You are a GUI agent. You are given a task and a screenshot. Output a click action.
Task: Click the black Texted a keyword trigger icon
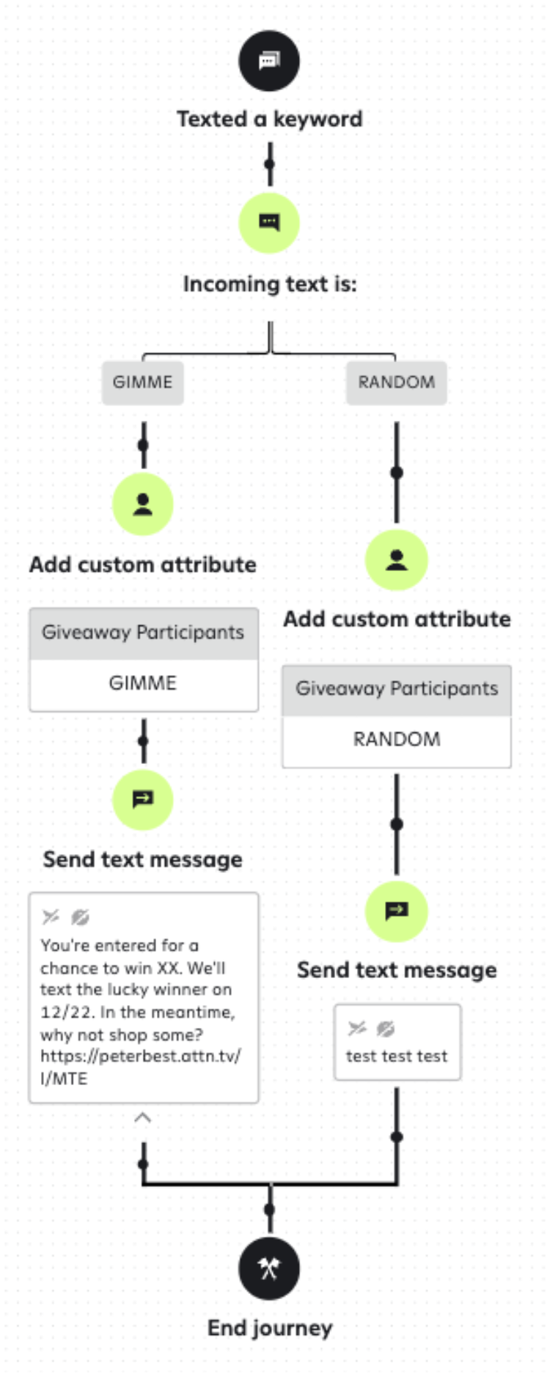[269, 61]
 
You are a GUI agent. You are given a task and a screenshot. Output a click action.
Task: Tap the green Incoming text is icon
[269, 223]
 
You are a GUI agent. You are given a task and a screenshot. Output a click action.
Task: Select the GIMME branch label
[143, 382]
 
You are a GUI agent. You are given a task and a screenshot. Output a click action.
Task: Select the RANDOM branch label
[396, 382]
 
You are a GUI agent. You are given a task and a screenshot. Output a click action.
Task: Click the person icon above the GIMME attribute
[143, 504]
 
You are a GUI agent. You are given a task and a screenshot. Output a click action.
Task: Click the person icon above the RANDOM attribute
[396, 560]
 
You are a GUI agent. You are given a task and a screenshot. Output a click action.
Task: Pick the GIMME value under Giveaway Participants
[143, 683]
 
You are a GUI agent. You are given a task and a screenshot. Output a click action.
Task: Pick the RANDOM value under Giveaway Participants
[396, 739]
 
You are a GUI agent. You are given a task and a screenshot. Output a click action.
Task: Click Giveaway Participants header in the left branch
[143, 633]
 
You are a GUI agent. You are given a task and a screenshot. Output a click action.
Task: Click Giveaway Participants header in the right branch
[396, 689]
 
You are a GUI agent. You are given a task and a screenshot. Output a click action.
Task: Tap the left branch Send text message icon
[143, 799]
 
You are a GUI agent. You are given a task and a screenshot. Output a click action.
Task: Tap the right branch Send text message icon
[396, 911]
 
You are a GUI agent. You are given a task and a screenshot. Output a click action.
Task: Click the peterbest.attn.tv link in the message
[140, 1056]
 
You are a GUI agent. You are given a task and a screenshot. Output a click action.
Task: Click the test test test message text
[396, 1056]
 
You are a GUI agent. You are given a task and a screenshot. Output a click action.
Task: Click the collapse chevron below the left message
[143, 1118]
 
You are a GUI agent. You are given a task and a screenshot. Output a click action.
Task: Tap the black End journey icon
[269, 1269]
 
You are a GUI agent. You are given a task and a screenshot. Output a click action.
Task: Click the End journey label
[270, 1328]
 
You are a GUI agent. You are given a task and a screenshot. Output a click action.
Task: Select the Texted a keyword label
[269, 119]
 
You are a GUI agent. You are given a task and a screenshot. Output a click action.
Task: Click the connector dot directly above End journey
[270, 1209]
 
